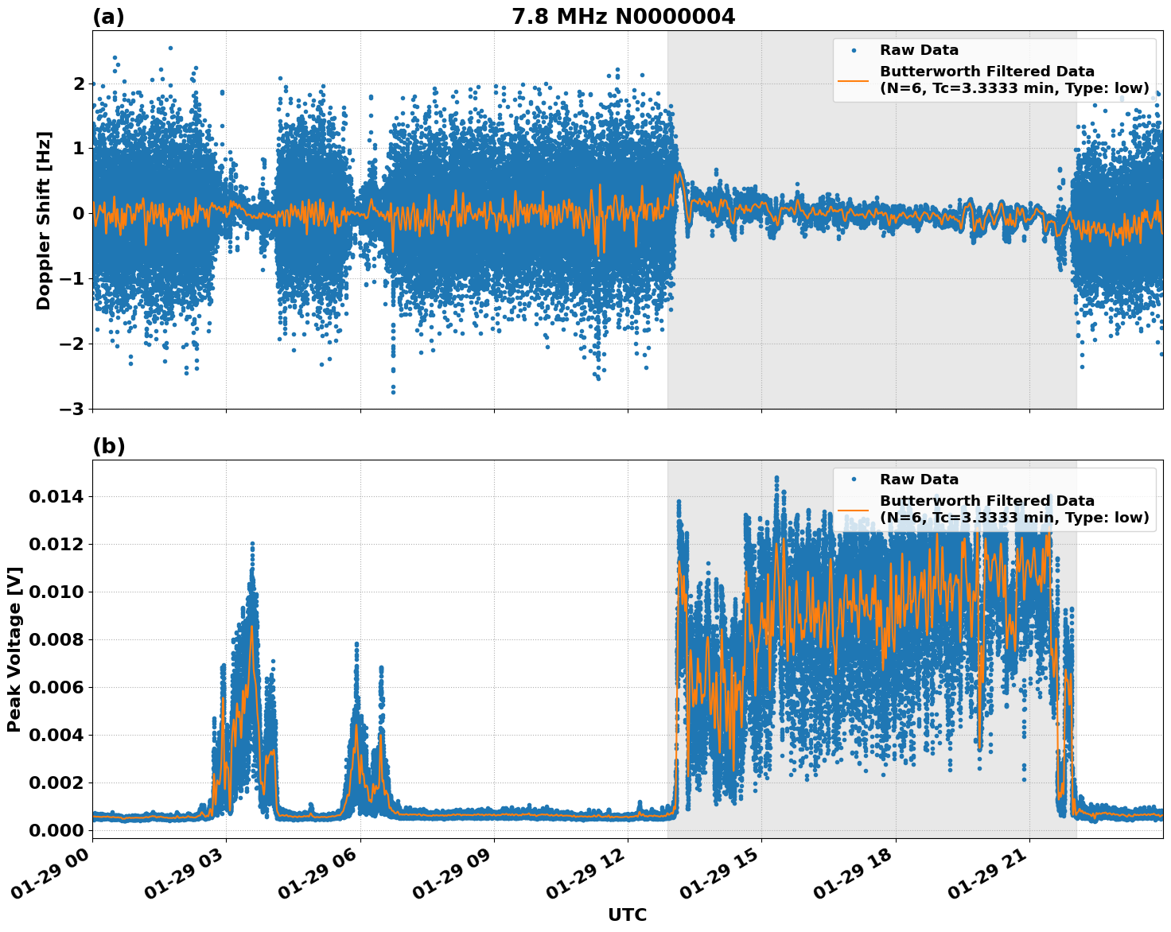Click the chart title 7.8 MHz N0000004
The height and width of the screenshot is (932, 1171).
click(623, 17)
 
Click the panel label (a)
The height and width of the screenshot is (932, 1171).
click(108, 17)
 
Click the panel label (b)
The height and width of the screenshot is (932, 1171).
click(108, 446)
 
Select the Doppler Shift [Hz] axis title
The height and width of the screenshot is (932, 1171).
click(44, 220)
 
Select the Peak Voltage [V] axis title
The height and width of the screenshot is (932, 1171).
click(14, 649)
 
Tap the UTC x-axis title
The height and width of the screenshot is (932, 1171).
click(627, 915)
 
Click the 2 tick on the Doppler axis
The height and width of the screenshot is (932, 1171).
click(78, 83)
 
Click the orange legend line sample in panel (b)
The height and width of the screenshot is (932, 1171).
click(854, 509)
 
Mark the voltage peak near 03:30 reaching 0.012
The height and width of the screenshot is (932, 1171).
click(252, 545)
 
